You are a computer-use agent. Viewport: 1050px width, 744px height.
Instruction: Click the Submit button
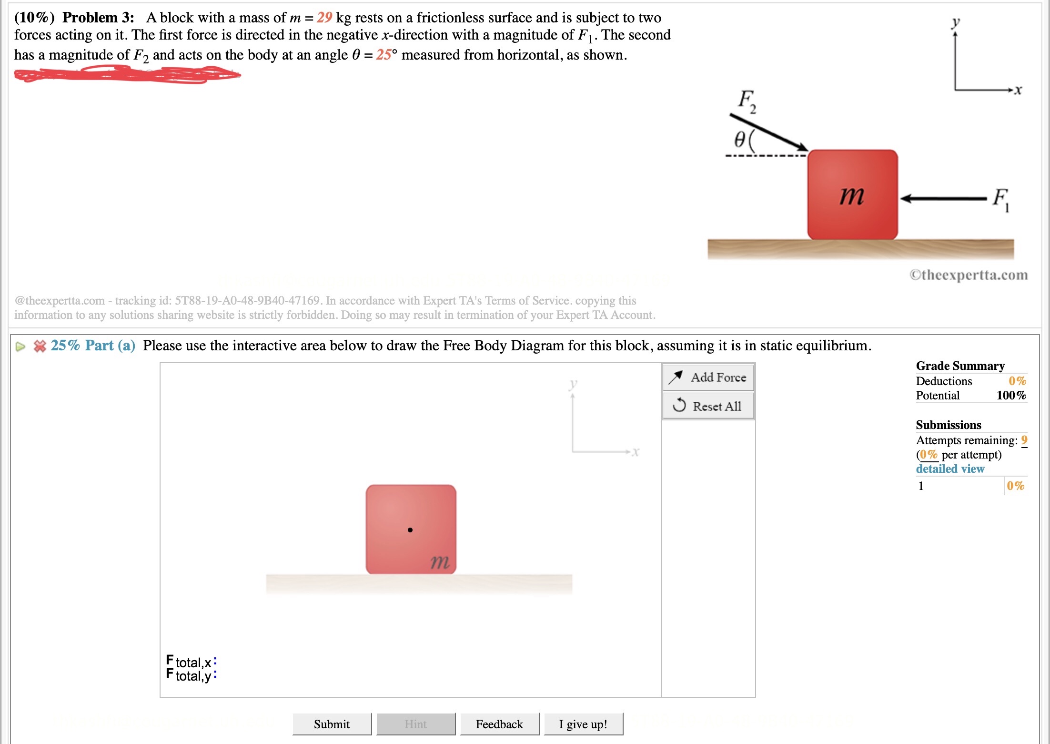click(332, 724)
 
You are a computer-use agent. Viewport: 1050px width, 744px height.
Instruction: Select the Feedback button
click(499, 724)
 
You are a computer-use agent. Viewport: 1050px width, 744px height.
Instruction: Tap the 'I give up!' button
click(583, 724)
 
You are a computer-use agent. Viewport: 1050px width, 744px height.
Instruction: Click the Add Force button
click(708, 377)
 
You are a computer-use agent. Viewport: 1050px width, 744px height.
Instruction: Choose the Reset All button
click(708, 406)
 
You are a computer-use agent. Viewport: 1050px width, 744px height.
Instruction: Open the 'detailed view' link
click(950, 469)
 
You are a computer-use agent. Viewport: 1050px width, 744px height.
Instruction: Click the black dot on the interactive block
click(410, 530)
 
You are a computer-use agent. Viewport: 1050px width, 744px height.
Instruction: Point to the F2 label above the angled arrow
click(747, 101)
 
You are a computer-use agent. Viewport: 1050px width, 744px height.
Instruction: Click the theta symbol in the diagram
click(739, 139)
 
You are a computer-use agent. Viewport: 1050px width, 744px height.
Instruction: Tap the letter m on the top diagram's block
click(852, 195)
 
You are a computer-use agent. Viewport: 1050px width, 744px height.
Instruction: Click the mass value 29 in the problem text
click(324, 18)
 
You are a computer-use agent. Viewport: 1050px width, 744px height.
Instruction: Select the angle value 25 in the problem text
click(384, 55)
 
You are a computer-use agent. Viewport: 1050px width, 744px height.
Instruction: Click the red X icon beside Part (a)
click(40, 346)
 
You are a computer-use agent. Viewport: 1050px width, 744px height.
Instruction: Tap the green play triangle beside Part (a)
click(20, 347)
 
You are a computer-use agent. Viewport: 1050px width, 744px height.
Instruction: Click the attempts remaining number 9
click(1024, 440)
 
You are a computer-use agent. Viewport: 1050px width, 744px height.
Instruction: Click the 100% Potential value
click(1011, 395)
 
